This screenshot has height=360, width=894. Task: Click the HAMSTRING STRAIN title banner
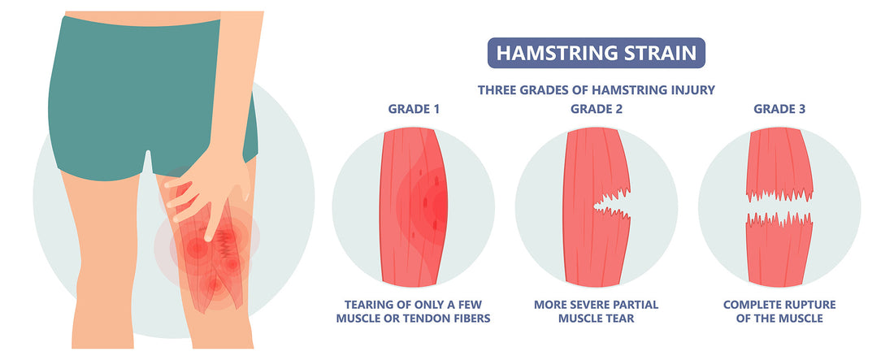point(596,54)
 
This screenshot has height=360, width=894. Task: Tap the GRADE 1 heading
point(414,109)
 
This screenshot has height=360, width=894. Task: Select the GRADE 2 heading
point(596,109)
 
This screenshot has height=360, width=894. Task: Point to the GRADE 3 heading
point(779,109)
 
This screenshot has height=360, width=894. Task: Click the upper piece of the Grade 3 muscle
point(778,163)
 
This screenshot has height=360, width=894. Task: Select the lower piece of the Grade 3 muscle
point(778,252)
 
